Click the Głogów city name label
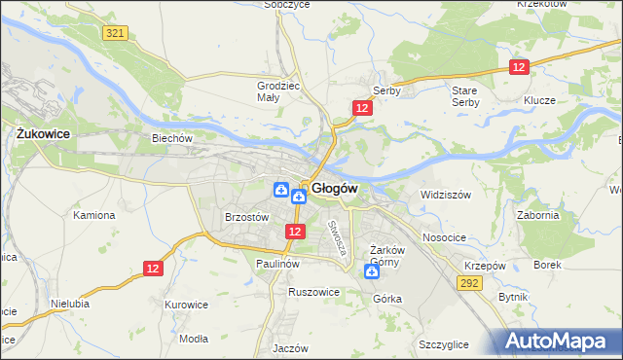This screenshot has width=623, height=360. pyautogui.click(x=335, y=188)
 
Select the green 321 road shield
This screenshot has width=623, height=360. pyautogui.click(x=115, y=33)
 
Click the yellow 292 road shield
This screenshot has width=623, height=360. pyautogui.click(x=469, y=283)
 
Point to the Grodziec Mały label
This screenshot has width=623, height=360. pyautogui.click(x=275, y=90)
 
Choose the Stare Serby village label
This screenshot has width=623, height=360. pyautogui.click(x=465, y=95)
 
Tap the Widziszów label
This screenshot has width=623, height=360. pyautogui.click(x=445, y=195)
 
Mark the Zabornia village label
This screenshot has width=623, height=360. pyautogui.click(x=537, y=215)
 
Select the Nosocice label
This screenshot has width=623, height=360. pyautogui.click(x=443, y=237)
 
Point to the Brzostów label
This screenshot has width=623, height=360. pyautogui.click(x=245, y=218)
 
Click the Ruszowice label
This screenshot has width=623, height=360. pyautogui.click(x=313, y=291)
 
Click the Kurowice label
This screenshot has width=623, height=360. pyautogui.click(x=186, y=305)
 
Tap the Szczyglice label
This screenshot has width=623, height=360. pyautogui.click(x=444, y=344)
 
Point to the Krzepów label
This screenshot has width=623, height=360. pyautogui.click(x=484, y=266)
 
